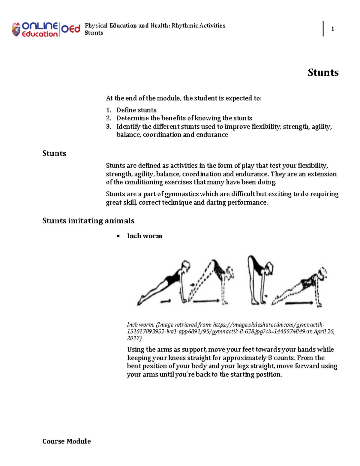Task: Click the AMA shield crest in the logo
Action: tap(16, 29)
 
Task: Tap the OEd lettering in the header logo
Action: tap(71, 29)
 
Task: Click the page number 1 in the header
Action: tap(332, 29)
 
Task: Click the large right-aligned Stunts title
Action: tap(323, 73)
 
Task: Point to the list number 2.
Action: tap(108, 118)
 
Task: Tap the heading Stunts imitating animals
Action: tap(88, 221)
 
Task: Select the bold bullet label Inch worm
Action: tap(145, 236)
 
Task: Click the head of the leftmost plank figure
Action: tap(186, 266)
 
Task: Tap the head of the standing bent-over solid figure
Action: tap(269, 267)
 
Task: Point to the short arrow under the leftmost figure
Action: tap(166, 301)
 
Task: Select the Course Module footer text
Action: tap(67, 441)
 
